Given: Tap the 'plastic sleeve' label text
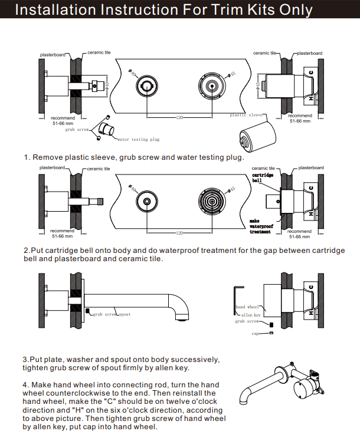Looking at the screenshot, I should [246, 115].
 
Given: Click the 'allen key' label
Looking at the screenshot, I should [251, 315].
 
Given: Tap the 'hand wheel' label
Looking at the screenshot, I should [248, 307].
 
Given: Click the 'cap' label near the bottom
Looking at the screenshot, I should [256, 334].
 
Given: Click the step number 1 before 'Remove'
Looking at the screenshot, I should [27, 157].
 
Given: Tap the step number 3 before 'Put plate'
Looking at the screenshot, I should [25, 360].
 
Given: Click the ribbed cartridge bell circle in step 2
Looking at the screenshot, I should [212, 201].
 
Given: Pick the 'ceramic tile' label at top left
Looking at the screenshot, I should [99, 53].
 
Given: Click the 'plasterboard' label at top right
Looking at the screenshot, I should [310, 53].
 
